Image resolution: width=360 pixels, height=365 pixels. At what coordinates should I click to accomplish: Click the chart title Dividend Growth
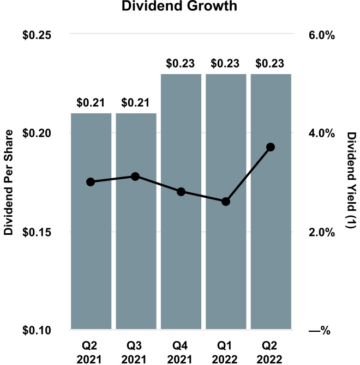(x=181, y=8)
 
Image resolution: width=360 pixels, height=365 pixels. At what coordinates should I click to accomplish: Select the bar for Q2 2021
(x=91, y=245)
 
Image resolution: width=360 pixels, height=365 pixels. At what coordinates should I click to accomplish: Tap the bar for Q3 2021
(x=136, y=245)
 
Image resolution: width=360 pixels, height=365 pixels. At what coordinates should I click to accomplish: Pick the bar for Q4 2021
(x=181, y=245)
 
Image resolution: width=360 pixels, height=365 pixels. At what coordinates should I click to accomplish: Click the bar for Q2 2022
(x=271, y=245)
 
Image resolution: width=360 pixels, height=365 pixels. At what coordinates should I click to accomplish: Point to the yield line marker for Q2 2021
(x=91, y=182)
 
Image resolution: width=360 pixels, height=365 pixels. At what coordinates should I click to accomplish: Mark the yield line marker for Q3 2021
(x=136, y=177)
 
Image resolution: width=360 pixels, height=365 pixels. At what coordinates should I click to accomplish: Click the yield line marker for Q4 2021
(x=181, y=192)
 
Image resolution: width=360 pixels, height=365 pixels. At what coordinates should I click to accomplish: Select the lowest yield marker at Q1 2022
(x=226, y=202)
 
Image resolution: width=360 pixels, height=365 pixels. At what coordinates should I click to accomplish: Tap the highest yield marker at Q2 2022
(x=271, y=147)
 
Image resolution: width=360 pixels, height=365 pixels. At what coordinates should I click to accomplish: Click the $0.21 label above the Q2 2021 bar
(x=91, y=102)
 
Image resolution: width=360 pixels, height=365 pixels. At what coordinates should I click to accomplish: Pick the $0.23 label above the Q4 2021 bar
(x=181, y=63)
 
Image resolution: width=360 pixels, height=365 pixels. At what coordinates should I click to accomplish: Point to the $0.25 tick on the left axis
(x=37, y=34)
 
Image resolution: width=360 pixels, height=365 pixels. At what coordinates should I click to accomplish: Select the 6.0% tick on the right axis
(x=321, y=34)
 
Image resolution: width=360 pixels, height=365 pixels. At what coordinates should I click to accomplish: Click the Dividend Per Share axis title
(x=8, y=182)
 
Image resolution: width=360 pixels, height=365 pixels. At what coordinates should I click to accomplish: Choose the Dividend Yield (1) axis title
(x=352, y=182)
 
